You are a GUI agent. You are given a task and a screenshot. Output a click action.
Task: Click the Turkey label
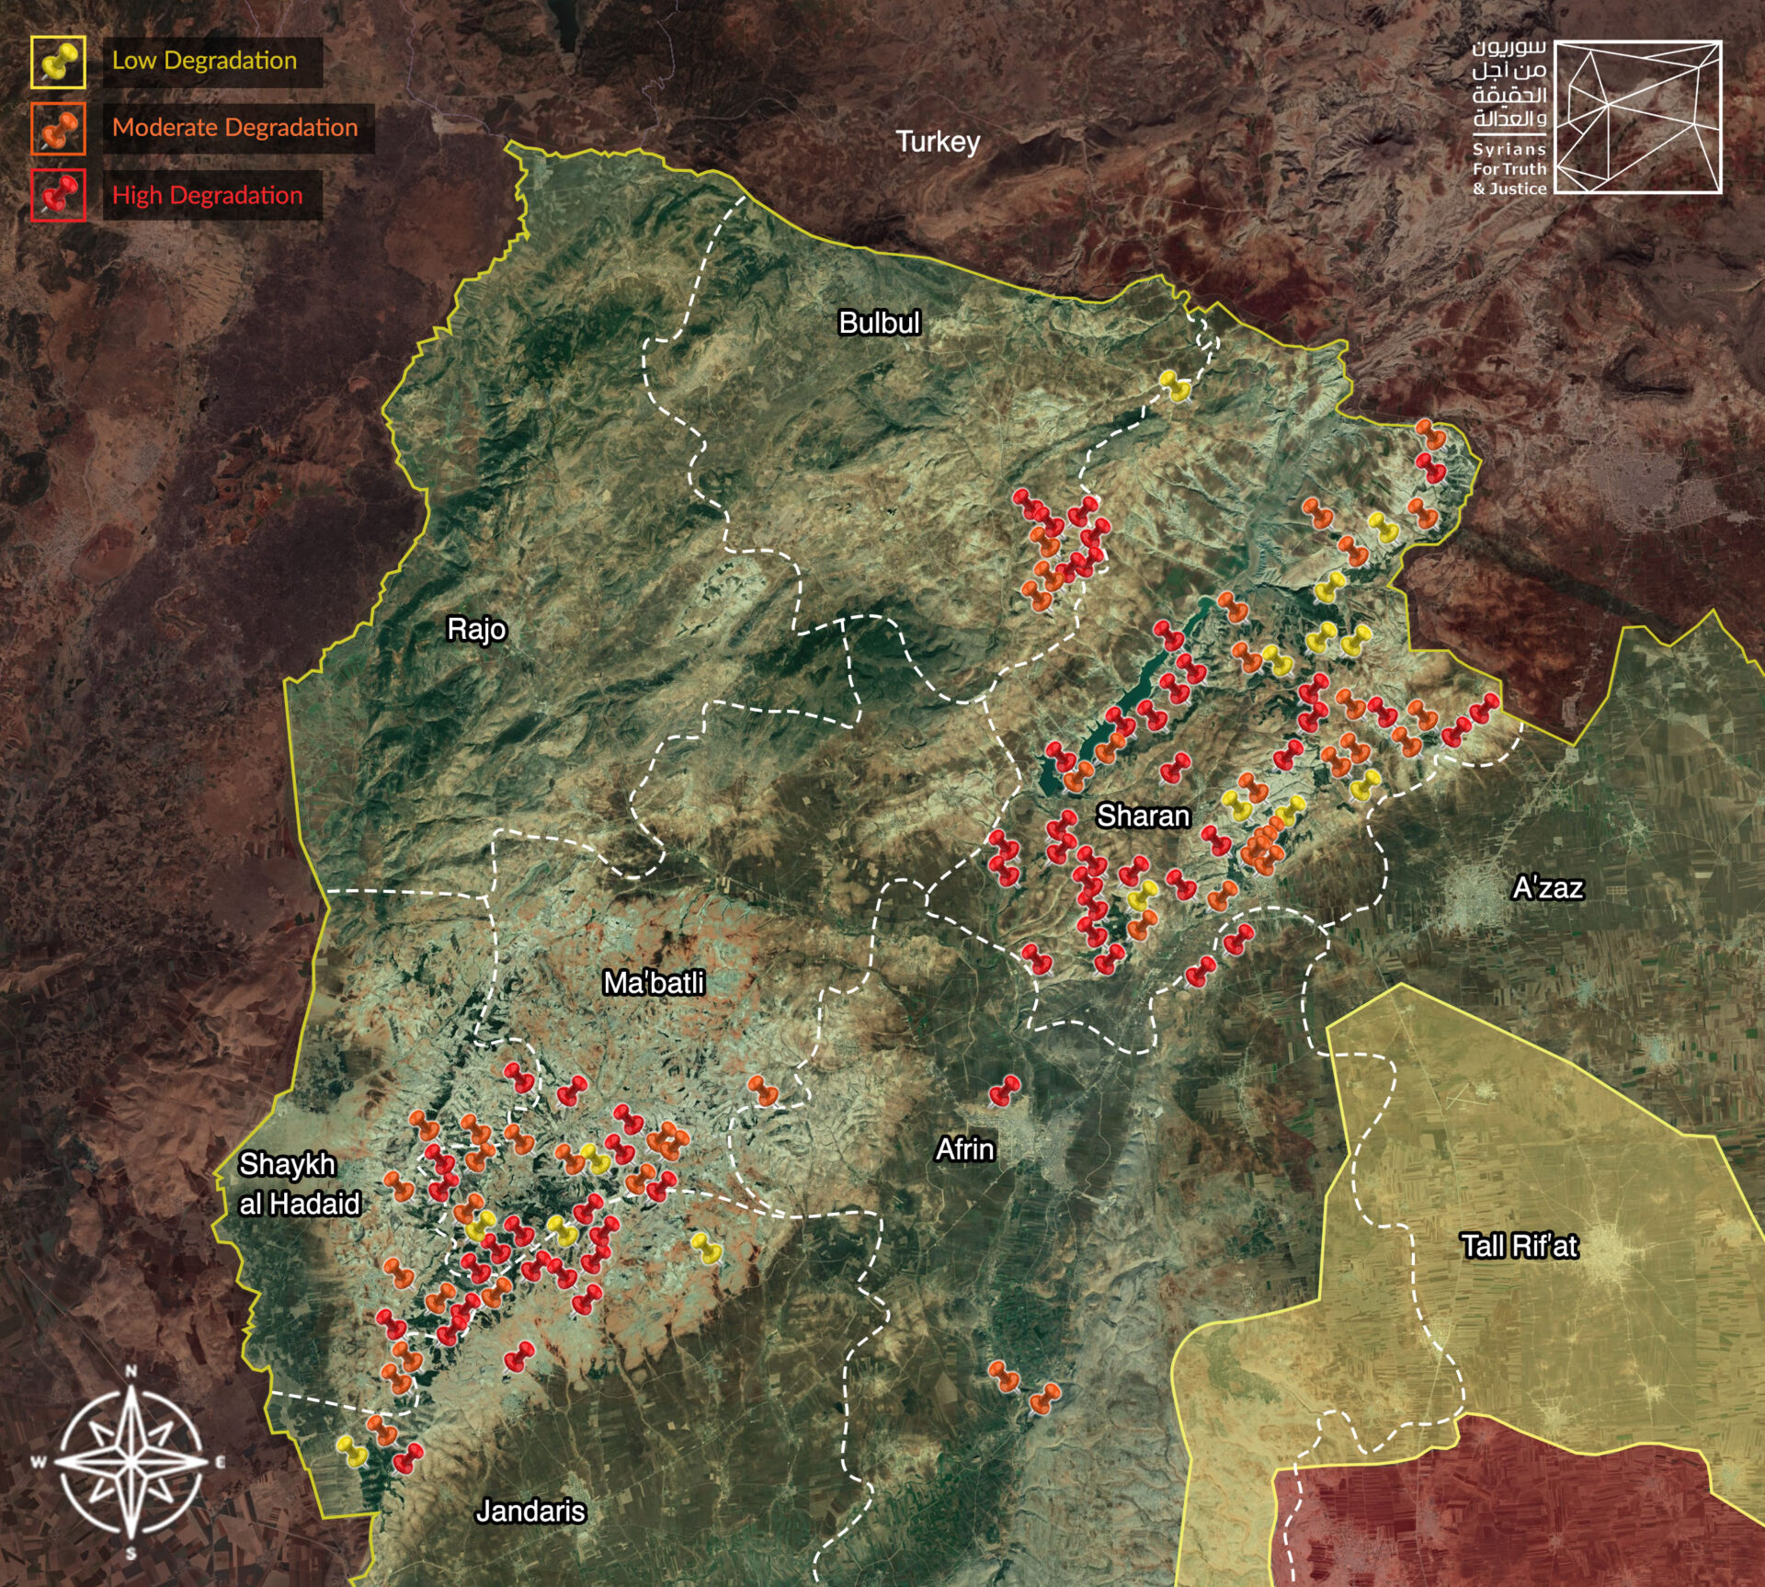938,142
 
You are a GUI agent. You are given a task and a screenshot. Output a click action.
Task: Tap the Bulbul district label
879,323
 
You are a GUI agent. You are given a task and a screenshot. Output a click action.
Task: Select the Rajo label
476,629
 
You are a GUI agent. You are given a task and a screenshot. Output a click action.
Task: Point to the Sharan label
1143,816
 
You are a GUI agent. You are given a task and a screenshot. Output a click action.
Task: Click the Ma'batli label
654,983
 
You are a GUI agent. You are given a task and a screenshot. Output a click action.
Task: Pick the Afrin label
964,1149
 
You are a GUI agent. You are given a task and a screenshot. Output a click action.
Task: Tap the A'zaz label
1548,887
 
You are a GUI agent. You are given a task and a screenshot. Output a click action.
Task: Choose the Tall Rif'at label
1519,1246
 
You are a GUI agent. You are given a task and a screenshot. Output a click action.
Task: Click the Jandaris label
530,1511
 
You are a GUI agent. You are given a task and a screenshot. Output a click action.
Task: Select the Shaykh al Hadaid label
299,1183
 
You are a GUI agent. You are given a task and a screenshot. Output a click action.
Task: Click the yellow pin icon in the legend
58,63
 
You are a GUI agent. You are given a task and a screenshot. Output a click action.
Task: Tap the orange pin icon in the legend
58,129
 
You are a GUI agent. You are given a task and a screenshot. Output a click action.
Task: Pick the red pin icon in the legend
58,195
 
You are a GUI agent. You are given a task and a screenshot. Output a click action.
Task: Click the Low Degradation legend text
204,61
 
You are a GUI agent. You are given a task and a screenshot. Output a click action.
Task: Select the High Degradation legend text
207,195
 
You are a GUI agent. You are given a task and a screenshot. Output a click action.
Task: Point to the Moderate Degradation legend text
234,128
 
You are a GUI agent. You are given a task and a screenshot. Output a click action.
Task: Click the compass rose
131,1461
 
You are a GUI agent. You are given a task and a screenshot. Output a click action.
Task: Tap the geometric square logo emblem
1636,117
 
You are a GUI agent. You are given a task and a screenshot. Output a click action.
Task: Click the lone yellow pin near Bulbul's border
1174,385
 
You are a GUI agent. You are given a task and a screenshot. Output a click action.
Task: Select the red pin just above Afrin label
1004,1090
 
